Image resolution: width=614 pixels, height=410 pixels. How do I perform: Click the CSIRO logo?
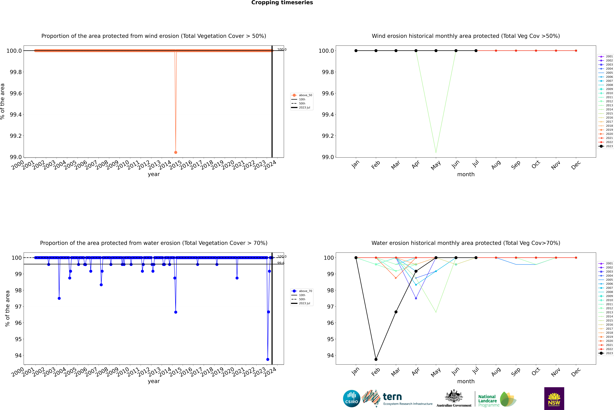(352, 399)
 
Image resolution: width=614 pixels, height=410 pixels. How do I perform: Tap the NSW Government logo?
(554, 399)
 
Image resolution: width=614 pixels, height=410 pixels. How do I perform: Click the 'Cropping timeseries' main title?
(282, 3)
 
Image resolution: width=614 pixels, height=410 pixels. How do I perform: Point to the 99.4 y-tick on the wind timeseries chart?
(16, 115)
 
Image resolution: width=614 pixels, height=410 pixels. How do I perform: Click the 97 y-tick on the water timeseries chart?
(18, 306)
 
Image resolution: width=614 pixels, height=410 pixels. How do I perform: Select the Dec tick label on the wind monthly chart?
(576, 165)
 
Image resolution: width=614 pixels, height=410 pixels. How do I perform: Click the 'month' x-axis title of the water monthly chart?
(466, 381)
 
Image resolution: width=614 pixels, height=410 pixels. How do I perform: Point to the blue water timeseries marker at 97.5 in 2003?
(59, 298)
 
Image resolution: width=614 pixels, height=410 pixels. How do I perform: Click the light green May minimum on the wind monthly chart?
(436, 152)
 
